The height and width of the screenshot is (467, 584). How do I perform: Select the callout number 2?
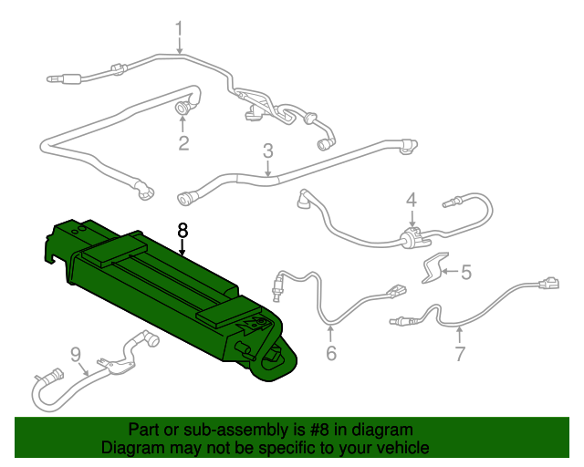183,143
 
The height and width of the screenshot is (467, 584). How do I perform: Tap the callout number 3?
268,150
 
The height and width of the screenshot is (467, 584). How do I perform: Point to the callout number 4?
412,200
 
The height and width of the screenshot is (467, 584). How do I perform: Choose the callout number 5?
466,272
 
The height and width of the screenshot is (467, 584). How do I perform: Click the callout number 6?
331,353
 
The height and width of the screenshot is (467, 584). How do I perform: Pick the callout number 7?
460,353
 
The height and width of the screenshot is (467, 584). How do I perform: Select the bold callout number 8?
182,231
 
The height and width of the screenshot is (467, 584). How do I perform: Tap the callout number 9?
75,355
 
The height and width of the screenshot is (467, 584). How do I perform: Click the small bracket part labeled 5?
434,267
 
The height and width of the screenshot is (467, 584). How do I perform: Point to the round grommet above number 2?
182,109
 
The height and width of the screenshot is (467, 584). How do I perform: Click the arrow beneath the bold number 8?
182,248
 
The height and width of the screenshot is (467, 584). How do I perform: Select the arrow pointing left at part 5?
450,272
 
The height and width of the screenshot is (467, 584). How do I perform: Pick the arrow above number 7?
460,335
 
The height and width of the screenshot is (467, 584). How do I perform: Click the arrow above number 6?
330,334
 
